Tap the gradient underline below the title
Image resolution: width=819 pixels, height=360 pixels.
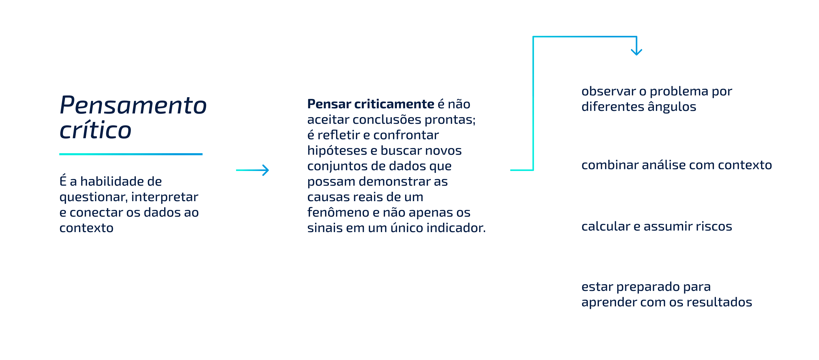(x=131, y=154)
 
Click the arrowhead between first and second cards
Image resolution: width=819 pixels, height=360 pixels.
(x=265, y=170)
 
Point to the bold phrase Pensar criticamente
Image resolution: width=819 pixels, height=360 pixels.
(x=370, y=104)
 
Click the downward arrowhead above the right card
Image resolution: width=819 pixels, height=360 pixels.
(x=636, y=52)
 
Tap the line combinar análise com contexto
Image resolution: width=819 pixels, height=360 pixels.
(x=676, y=165)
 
